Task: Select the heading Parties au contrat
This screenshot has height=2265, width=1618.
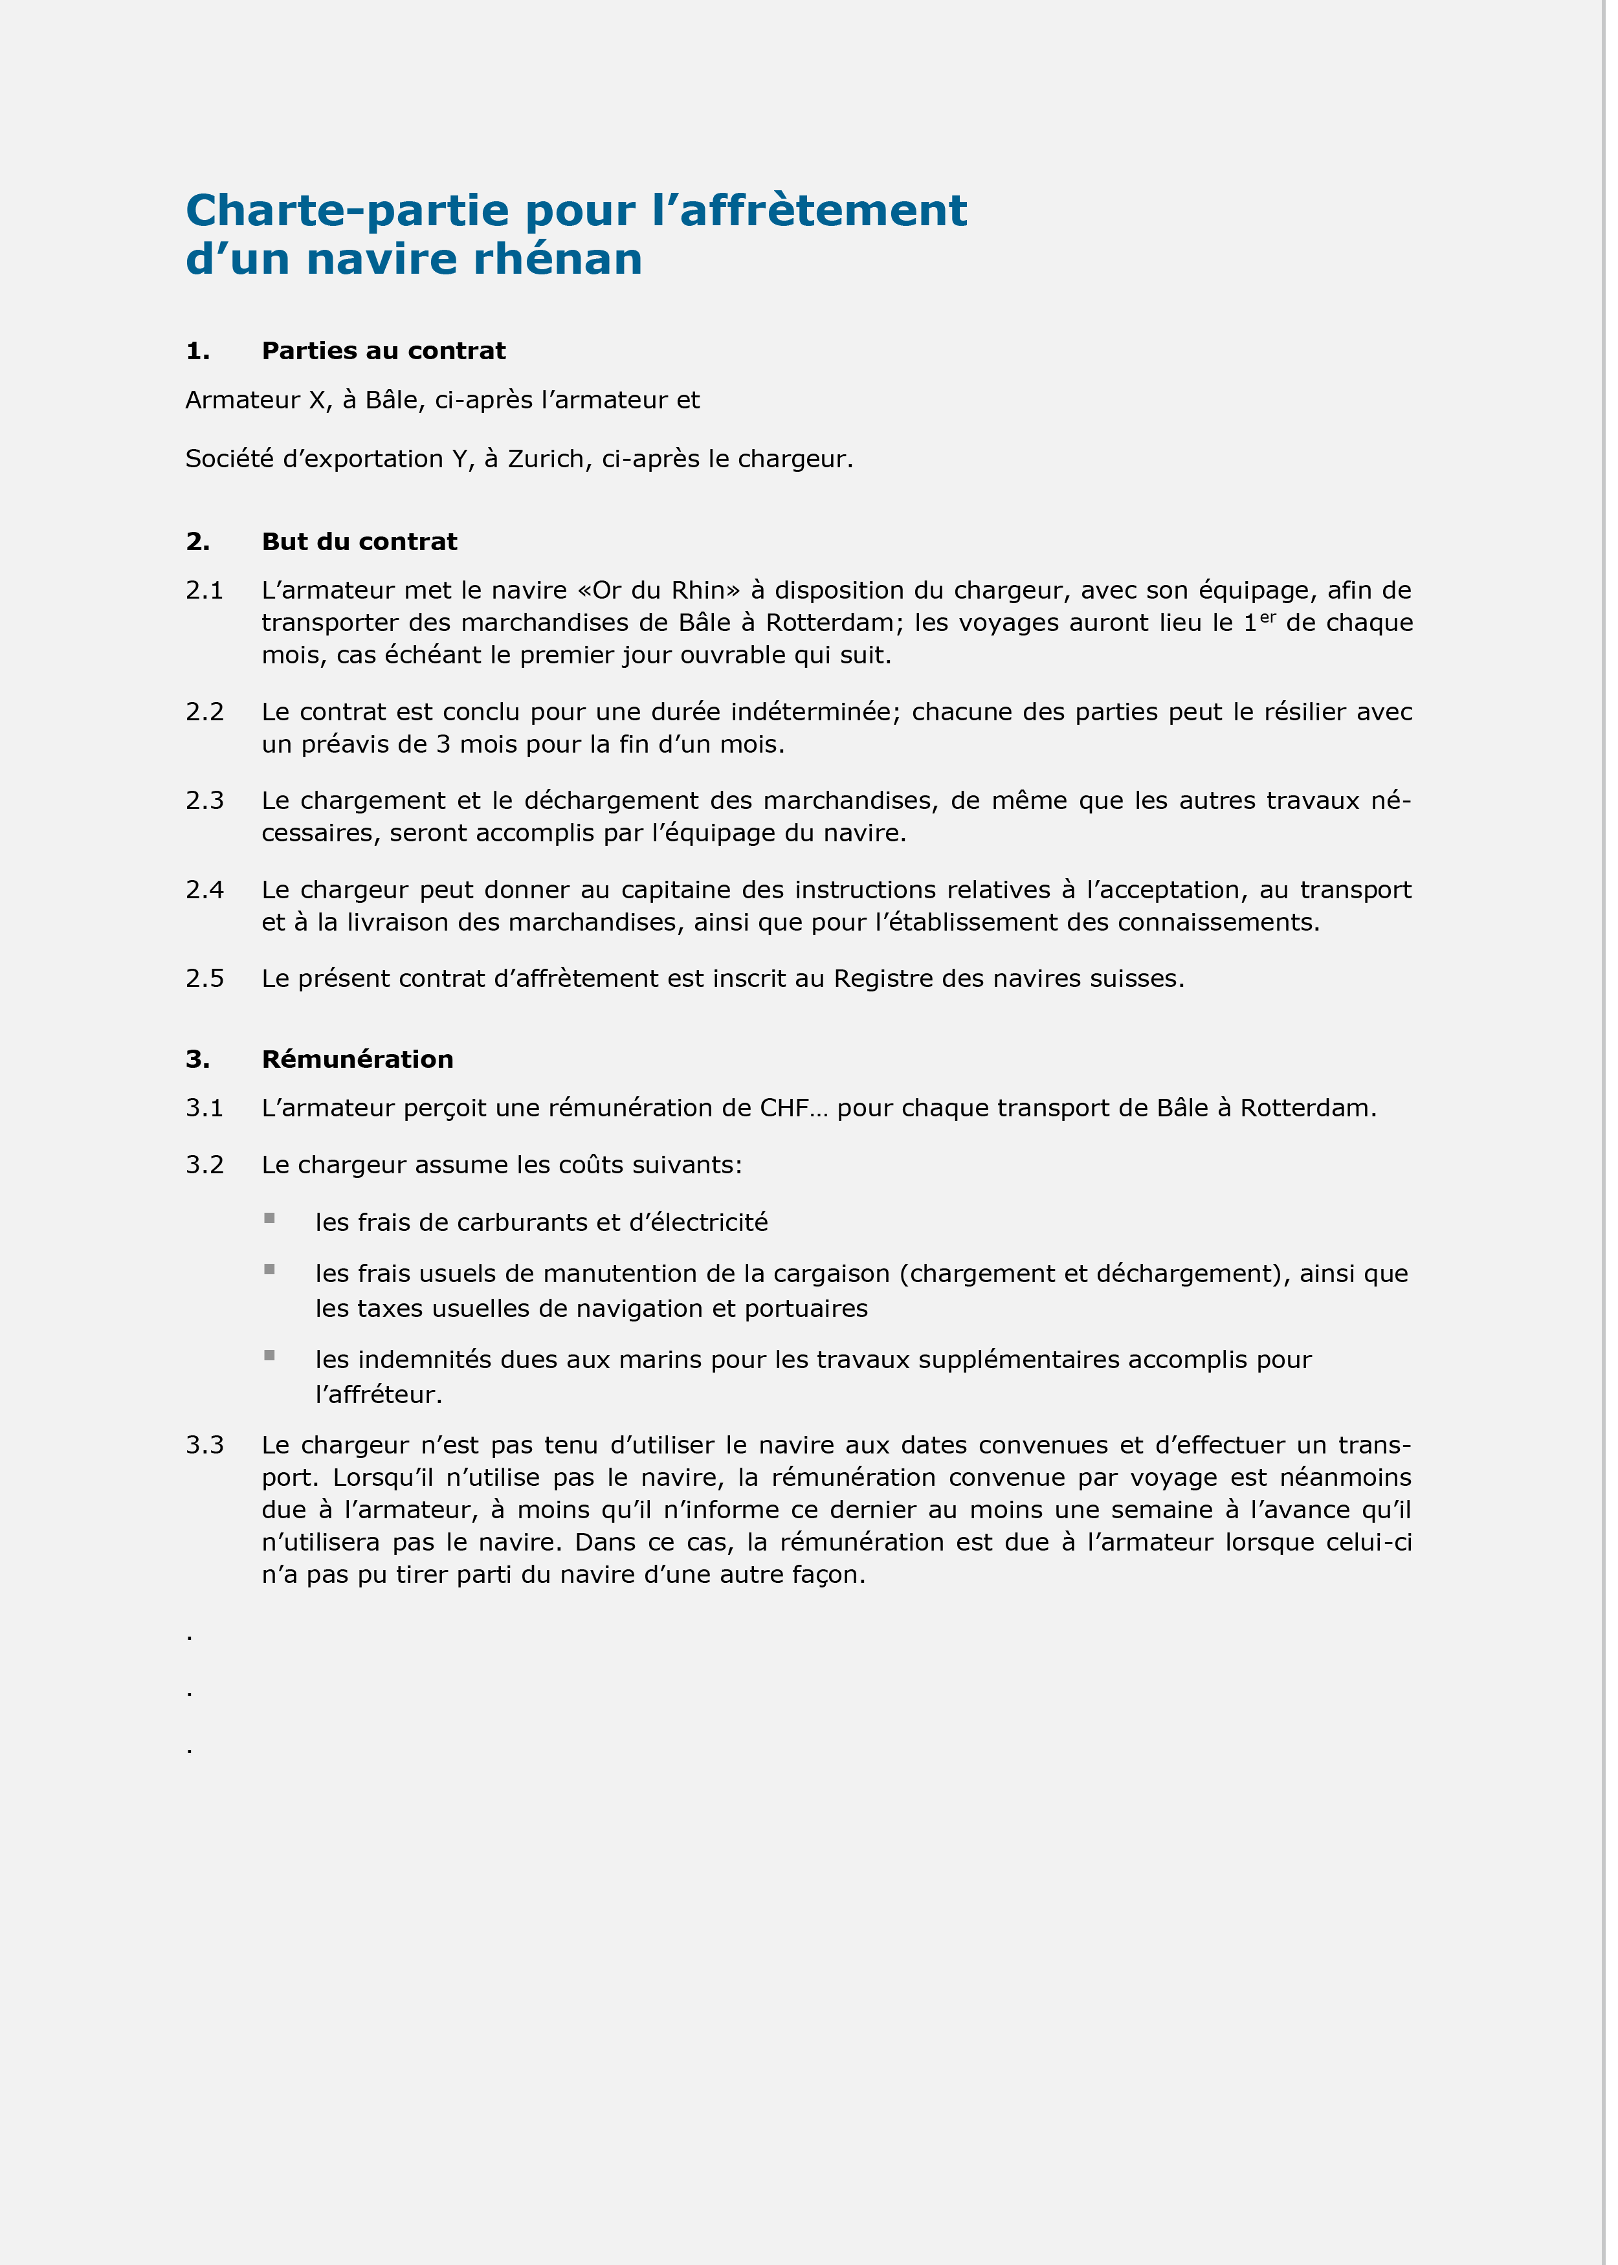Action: [x=384, y=351]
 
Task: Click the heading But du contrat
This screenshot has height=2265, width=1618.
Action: [x=359, y=542]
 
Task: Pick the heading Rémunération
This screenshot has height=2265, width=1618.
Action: [x=357, y=1059]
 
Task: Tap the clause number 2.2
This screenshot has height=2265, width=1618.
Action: [x=205, y=712]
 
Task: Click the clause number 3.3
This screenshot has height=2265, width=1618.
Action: [x=205, y=1445]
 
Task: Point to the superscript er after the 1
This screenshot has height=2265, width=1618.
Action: [x=1267, y=617]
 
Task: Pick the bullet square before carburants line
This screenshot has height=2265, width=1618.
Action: [x=269, y=1218]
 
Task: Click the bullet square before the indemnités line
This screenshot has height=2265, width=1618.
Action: [x=269, y=1356]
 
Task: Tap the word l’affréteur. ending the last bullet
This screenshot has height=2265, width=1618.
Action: [x=379, y=1395]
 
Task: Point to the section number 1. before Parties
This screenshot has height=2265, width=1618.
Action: [x=197, y=351]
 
